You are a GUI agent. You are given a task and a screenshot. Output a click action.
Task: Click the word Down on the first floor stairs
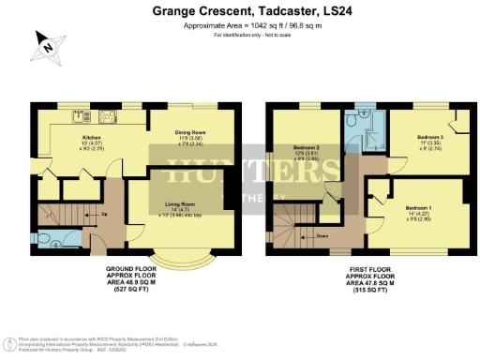pos(321,236)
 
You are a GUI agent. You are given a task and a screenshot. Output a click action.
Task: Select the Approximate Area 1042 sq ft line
pos(241,26)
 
